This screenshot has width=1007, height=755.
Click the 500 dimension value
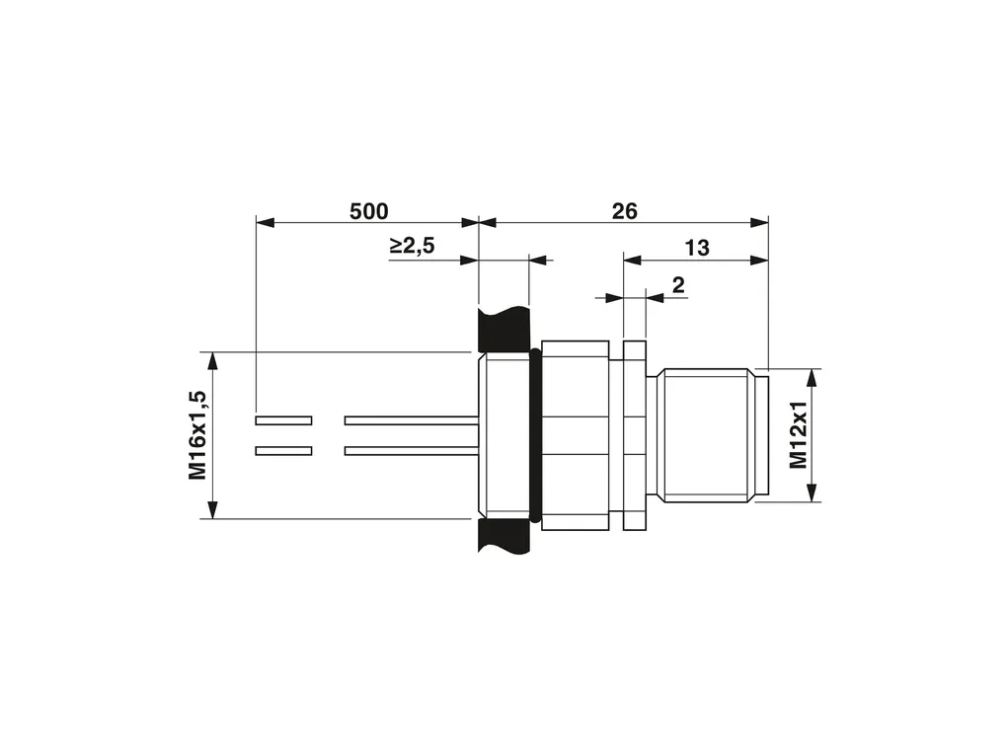pos(368,211)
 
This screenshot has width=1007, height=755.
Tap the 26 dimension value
pos(624,211)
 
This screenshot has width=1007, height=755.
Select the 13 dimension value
pos(697,248)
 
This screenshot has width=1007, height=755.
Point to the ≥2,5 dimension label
pos(413,245)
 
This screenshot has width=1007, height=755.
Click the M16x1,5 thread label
pos(197,435)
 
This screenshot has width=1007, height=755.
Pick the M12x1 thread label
pos(798,435)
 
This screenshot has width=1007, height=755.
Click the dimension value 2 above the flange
pos(678,285)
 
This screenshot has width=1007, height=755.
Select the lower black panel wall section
pos(504,536)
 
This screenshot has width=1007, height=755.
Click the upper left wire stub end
pos(284,420)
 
